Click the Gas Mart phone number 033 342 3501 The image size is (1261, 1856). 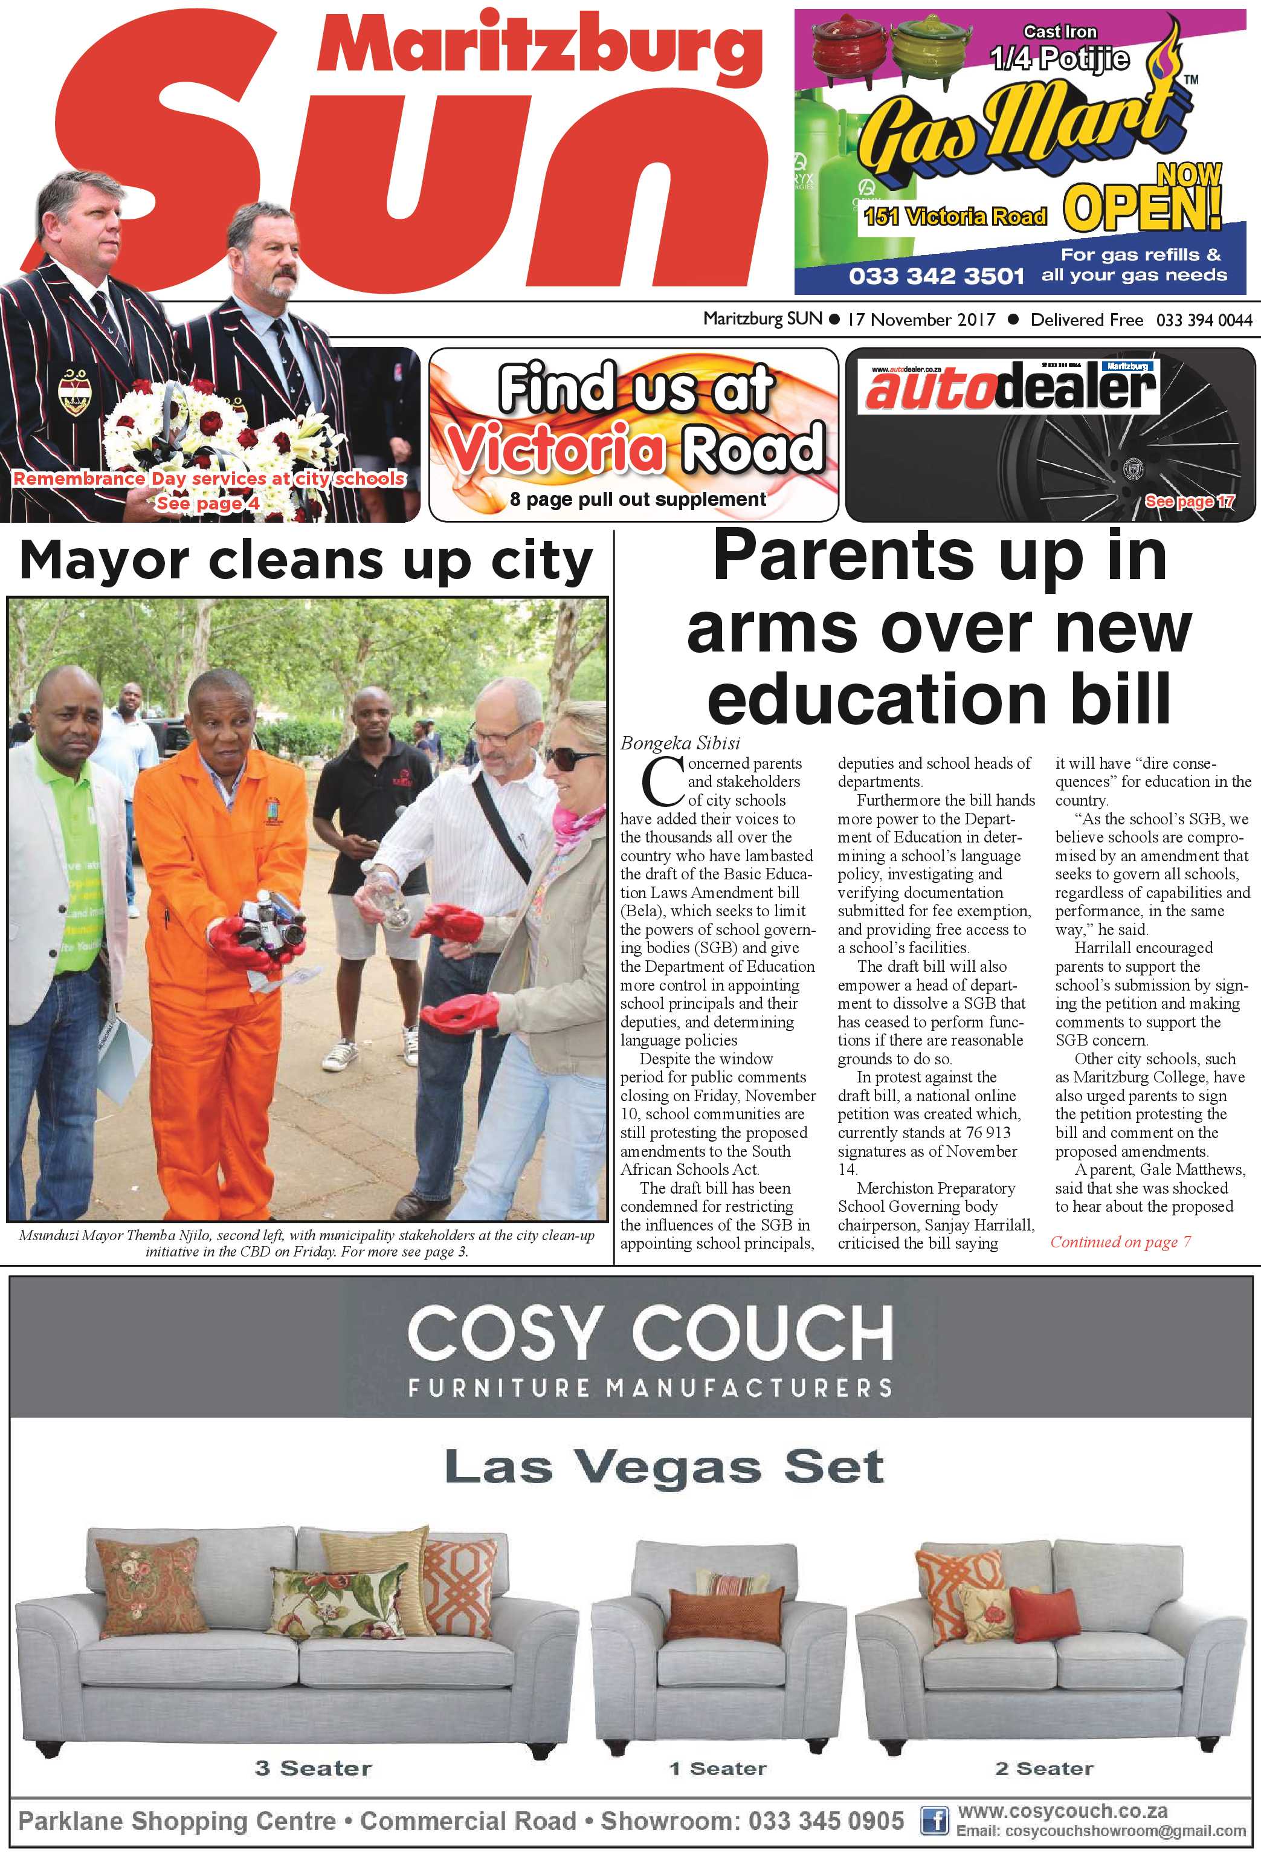(935, 276)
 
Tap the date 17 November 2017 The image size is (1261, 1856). (921, 320)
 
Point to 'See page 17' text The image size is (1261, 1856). (1188, 501)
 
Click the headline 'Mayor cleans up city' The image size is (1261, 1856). (306, 561)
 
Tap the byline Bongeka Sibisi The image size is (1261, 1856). (680, 743)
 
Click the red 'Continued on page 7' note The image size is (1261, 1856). (1120, 1242)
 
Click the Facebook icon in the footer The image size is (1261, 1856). (933, 1821)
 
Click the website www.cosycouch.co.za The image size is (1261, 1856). (1062, 1811)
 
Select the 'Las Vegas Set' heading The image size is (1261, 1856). (663, 1466)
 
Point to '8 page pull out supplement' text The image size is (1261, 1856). (637, 500)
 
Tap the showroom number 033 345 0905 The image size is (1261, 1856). (827, 1821)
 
